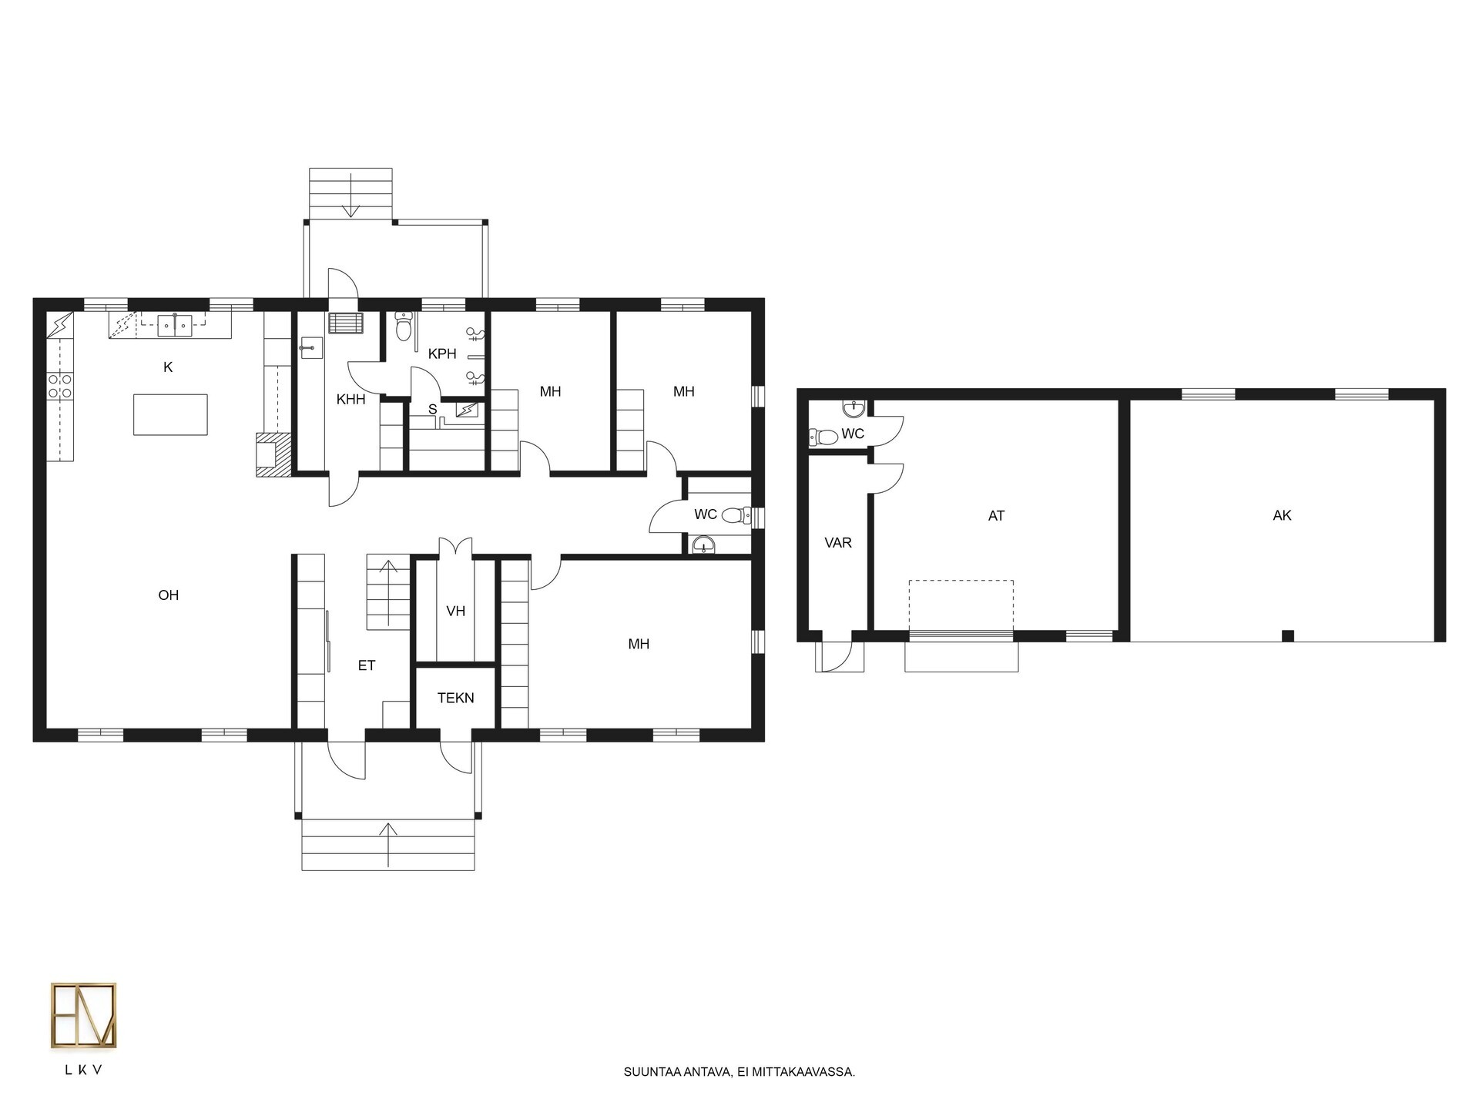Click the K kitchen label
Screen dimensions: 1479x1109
(168, 367)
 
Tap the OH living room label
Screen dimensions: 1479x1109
(169, 595)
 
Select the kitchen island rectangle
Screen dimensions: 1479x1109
(170, 414)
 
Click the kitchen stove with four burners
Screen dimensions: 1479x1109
(60, 386)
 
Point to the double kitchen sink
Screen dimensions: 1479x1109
(176, 326)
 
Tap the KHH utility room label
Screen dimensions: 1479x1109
(351, 400)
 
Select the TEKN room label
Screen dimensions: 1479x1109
(456, 699)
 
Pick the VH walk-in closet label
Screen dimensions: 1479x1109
(456, 611)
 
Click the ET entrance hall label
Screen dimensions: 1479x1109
(367, 665)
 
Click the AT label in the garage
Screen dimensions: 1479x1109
(996, 516)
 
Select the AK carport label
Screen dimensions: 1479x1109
(1282, 516)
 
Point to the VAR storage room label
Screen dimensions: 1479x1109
(838, 543)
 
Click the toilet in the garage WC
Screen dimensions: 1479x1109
(823, 437)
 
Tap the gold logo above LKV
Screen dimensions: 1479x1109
(84, 1016)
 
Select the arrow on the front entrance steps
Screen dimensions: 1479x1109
(389, 845)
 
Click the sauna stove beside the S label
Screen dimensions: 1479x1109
(467, 410)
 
